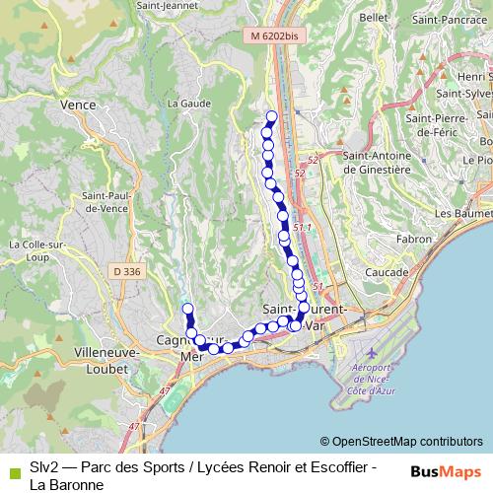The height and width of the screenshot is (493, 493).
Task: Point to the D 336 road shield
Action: [125, 270]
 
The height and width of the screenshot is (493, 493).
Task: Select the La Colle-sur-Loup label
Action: [33, 250]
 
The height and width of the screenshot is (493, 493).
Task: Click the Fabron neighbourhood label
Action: [412, 239]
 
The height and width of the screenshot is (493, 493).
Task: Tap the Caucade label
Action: [387, 271]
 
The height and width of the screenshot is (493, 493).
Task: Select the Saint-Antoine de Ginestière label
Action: [376, 162]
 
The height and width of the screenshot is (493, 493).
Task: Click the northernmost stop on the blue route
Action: [271, 116]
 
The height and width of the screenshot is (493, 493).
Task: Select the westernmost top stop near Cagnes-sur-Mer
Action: [187, 310]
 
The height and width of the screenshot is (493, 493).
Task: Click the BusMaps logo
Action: [445, 472]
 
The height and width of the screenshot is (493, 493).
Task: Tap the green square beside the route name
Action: [12, 472]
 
